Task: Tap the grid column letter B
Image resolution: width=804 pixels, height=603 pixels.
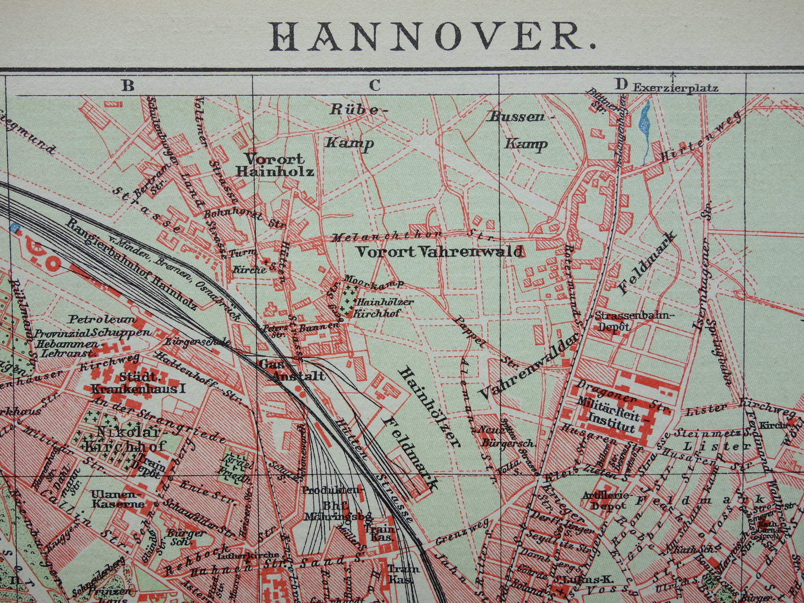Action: pos(129,85)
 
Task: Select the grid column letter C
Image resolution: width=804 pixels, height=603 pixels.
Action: pos(374,85)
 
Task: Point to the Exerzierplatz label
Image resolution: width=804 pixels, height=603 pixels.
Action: pos(675,88)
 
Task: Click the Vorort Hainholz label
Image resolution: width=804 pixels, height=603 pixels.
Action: pos(275,165)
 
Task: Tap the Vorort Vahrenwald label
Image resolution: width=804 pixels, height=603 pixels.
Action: pos(440,251)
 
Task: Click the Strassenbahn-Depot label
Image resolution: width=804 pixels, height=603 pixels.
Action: pos(634,321)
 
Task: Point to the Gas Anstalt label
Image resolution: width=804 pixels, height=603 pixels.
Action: pos(291,370)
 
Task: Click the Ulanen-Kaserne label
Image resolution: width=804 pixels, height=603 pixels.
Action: pos(118,499)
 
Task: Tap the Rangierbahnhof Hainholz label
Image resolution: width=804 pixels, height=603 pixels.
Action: pos(131,264)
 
